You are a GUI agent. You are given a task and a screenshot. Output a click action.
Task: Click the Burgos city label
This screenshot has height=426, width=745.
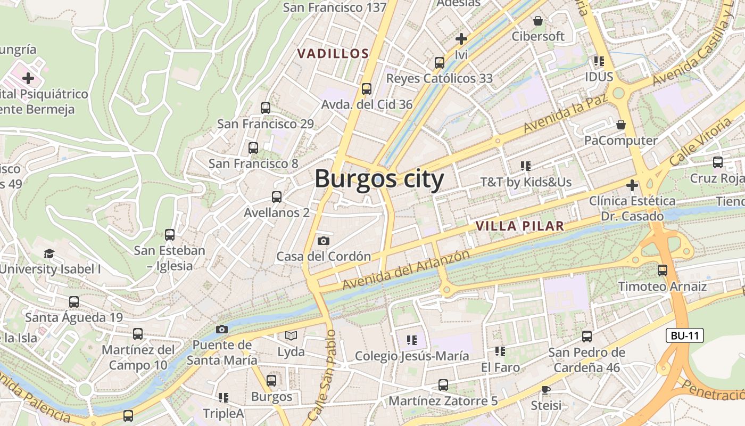379,179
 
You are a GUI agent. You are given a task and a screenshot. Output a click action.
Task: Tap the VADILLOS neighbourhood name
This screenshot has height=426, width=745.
333,54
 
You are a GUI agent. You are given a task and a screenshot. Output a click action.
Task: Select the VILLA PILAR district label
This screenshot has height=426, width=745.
519,226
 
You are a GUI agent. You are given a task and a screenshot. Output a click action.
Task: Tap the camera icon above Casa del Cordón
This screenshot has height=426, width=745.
323,241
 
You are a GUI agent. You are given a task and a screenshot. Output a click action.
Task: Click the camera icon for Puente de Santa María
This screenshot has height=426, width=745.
222,329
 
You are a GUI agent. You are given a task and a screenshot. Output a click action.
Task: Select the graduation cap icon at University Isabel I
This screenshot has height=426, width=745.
49,253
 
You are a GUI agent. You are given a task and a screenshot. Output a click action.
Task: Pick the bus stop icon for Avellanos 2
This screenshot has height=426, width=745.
276,197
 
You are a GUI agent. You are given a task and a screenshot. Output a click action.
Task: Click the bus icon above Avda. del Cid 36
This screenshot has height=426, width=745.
366,89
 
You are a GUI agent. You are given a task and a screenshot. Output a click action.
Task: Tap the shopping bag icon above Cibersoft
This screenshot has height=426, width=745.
538,21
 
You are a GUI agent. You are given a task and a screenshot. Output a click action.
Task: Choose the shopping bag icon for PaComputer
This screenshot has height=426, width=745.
620,125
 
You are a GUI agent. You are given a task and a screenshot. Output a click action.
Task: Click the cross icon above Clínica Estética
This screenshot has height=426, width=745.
632,185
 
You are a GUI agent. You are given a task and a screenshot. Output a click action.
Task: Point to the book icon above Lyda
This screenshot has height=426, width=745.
291,335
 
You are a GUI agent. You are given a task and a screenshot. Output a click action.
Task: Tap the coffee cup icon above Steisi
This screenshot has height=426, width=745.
545,390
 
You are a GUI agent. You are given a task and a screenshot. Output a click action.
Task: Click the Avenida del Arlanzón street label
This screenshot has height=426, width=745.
405,270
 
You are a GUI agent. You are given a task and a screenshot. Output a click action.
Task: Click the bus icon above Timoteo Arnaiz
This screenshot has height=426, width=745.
662,271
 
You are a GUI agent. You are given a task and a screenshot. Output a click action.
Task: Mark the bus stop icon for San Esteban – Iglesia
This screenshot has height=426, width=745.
169,234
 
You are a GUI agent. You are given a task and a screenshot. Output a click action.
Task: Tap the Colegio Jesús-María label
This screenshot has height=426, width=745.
412,356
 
